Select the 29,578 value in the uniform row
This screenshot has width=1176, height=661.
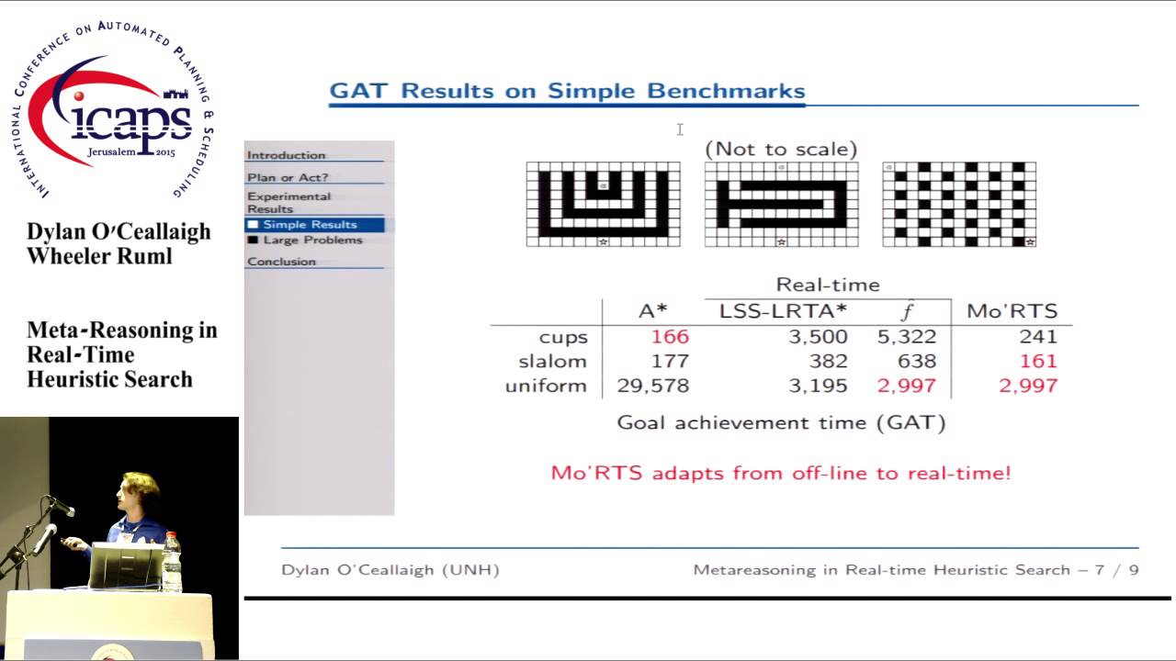point(652,386)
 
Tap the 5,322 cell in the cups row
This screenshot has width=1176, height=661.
point(906,337)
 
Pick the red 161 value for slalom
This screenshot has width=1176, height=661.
point(1038,361)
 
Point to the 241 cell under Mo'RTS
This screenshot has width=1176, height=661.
point(1037,337)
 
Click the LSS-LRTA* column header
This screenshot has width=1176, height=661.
point(783,311)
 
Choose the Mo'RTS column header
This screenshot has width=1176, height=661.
point(1012,311)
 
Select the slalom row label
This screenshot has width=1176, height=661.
point(551,361)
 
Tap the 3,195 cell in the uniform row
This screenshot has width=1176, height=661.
point(818,386)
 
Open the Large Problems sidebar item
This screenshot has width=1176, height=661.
point(312,241)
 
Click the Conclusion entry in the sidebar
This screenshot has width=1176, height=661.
point(281,262)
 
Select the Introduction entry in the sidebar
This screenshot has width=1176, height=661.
point(286,155)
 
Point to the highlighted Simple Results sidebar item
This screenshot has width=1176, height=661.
point(310,225)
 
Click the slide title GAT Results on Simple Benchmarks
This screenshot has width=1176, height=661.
point(567,91)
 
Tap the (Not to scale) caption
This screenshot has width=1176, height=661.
point(781,149)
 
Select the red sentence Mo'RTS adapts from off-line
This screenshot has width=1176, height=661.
point(780,474)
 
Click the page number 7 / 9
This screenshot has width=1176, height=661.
point(1115,570)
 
